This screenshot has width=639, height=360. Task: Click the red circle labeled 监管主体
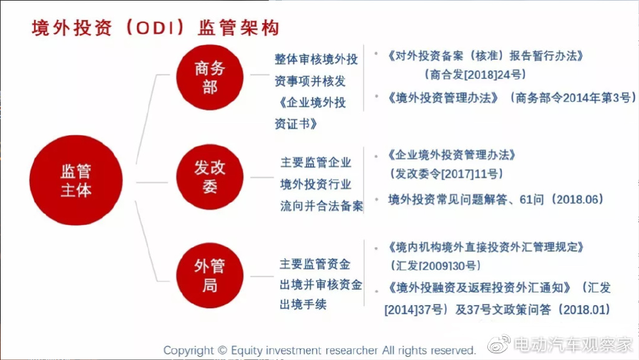pos(76,180)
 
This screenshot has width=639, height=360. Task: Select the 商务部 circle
pos(210,77)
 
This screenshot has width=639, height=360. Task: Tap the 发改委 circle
pos(210,177)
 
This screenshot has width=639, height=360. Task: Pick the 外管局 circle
pos(210,275)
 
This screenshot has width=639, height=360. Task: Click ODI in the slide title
pos(155,28)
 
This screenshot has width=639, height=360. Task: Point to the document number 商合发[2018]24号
pos(475,74)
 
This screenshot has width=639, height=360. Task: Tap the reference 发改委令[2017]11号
pos(447,174)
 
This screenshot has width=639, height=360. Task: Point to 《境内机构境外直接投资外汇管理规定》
pos(485,247)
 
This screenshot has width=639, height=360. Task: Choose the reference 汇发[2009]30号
pos(436,266)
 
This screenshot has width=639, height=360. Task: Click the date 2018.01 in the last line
pos(584,310)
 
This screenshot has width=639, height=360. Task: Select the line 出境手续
pos(303,304)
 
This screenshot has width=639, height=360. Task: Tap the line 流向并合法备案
pos(321,206)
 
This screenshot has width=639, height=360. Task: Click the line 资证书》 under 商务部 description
pos(295,124)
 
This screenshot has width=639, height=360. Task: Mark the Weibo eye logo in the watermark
pos(499,344)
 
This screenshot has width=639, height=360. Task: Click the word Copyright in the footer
pos(188,350)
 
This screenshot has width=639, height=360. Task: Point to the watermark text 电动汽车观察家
pos(573,344)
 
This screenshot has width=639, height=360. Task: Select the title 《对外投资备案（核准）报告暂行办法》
pos(485,56)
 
